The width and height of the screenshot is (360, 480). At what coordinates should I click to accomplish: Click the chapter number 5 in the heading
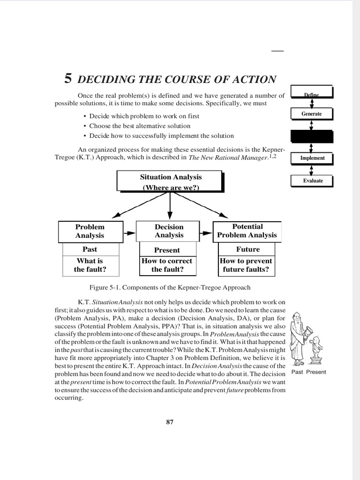68,79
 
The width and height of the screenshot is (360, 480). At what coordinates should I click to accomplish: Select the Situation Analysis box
170,182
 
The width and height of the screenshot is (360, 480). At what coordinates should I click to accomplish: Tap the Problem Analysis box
90,232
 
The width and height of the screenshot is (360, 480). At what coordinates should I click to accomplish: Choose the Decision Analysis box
169,232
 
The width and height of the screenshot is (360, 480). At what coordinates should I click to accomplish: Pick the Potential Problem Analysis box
247,231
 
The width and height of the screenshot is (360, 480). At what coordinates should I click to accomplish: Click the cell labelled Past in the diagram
90,249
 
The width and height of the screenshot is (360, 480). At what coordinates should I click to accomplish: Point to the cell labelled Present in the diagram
167,250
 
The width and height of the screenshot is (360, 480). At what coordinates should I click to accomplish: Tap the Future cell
247,249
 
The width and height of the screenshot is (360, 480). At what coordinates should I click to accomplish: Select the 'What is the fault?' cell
90,265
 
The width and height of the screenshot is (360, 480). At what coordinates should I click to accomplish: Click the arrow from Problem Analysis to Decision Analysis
129,232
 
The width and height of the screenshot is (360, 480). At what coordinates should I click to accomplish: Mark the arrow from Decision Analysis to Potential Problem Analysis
207,232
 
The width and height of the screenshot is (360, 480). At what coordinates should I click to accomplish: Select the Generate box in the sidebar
311,114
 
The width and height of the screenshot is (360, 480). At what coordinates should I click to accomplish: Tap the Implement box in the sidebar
312,158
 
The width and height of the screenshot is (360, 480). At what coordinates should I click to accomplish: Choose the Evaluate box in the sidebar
313,180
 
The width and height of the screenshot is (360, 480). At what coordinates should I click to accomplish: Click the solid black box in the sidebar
312,136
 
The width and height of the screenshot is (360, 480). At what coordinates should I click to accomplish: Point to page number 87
170,422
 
